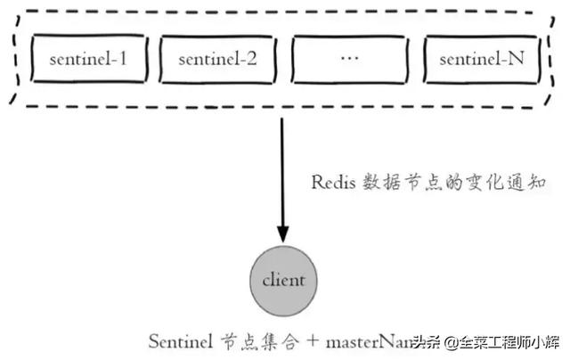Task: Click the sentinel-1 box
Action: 87,61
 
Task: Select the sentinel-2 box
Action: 217,61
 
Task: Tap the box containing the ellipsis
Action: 348,61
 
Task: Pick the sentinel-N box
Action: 481,61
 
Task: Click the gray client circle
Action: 282,280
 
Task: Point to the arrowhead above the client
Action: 282,235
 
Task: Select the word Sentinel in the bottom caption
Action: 178,340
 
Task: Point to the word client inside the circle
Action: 283,280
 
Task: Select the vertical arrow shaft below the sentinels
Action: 282,169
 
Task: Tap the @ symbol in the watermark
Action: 452,342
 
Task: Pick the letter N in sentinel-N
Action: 517,61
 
